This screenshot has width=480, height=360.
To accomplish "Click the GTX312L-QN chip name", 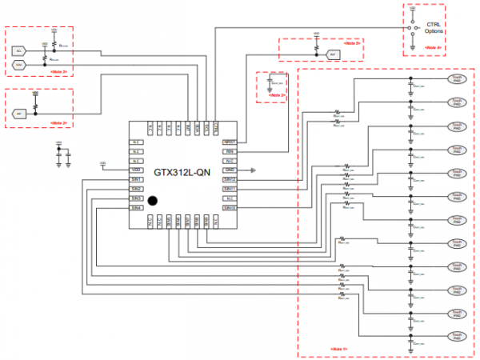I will [x=182, y=171].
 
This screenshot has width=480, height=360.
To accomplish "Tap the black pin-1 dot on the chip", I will [x=152, y=200].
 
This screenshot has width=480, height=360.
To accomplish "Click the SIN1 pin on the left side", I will [x=137, y=179].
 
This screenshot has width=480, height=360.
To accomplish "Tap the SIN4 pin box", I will [x=137, y=208].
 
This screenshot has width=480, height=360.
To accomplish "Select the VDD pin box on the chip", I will [x=137, y=170].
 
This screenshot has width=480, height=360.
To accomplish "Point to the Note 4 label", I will [x=432, y=49].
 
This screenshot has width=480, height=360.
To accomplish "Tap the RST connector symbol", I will [x=334, y=54].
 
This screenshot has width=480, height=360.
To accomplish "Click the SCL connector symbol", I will [x=19, y=50].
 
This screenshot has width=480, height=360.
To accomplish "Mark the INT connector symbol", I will [x=19, y=114].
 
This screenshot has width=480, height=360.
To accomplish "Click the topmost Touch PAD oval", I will [x=456, y=80].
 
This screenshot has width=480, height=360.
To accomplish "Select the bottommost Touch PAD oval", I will [x=456, y=337].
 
